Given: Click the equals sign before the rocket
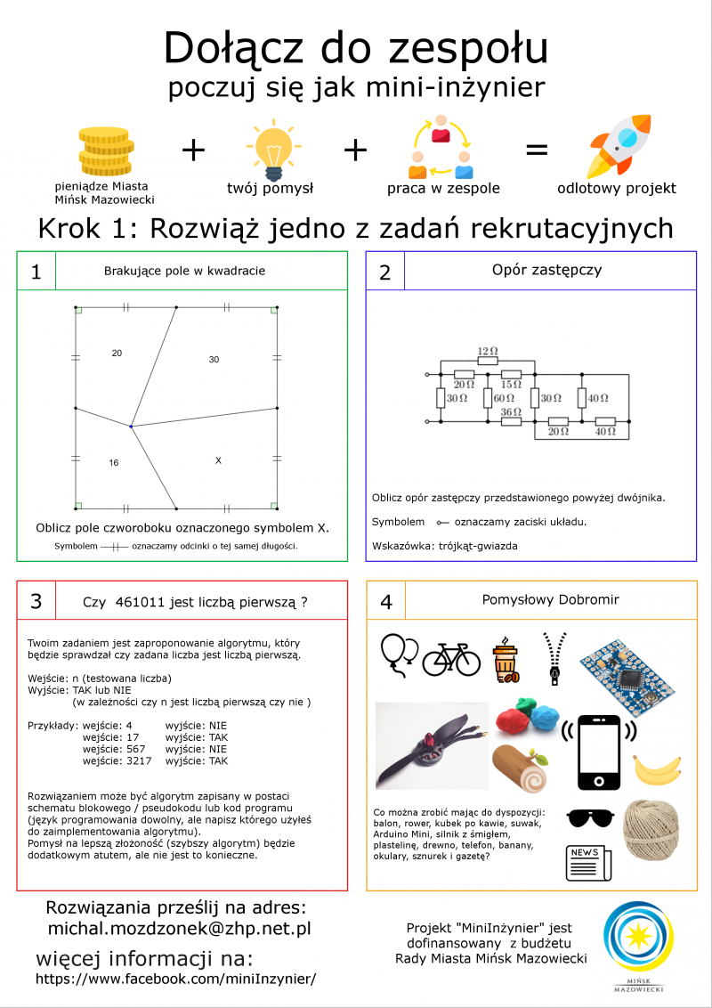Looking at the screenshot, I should (x=537, y=150).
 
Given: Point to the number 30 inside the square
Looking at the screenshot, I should (x=214, y=360).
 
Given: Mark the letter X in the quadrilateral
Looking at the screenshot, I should (x=218, y=459).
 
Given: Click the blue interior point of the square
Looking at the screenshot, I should (x=131, y=427).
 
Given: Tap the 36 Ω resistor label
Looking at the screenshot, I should (x=510, y=411).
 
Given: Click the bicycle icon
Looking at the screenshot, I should (x=451, y=658).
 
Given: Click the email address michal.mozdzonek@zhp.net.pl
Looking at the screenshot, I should (x=179, y=929).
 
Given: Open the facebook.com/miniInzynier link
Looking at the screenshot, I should (x=175, y=979).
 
